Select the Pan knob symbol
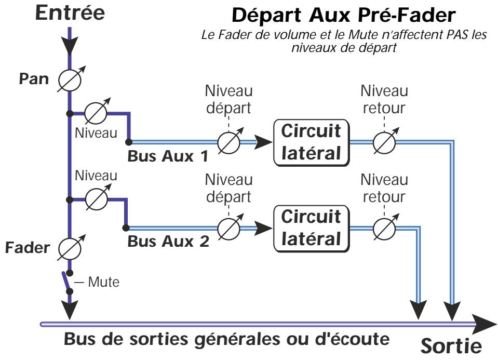(x=69, y=79)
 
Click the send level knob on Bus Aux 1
(x=228, y=141)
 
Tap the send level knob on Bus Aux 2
(x=228, y=228)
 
